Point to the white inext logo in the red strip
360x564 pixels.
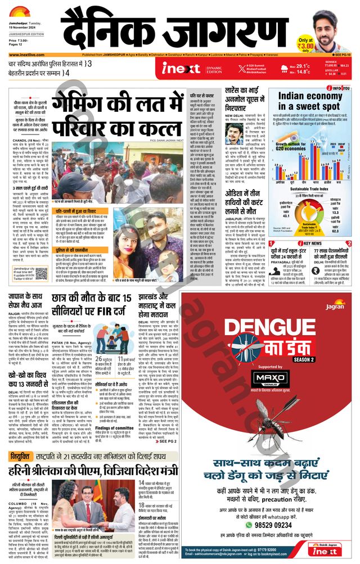tap(181, 69)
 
